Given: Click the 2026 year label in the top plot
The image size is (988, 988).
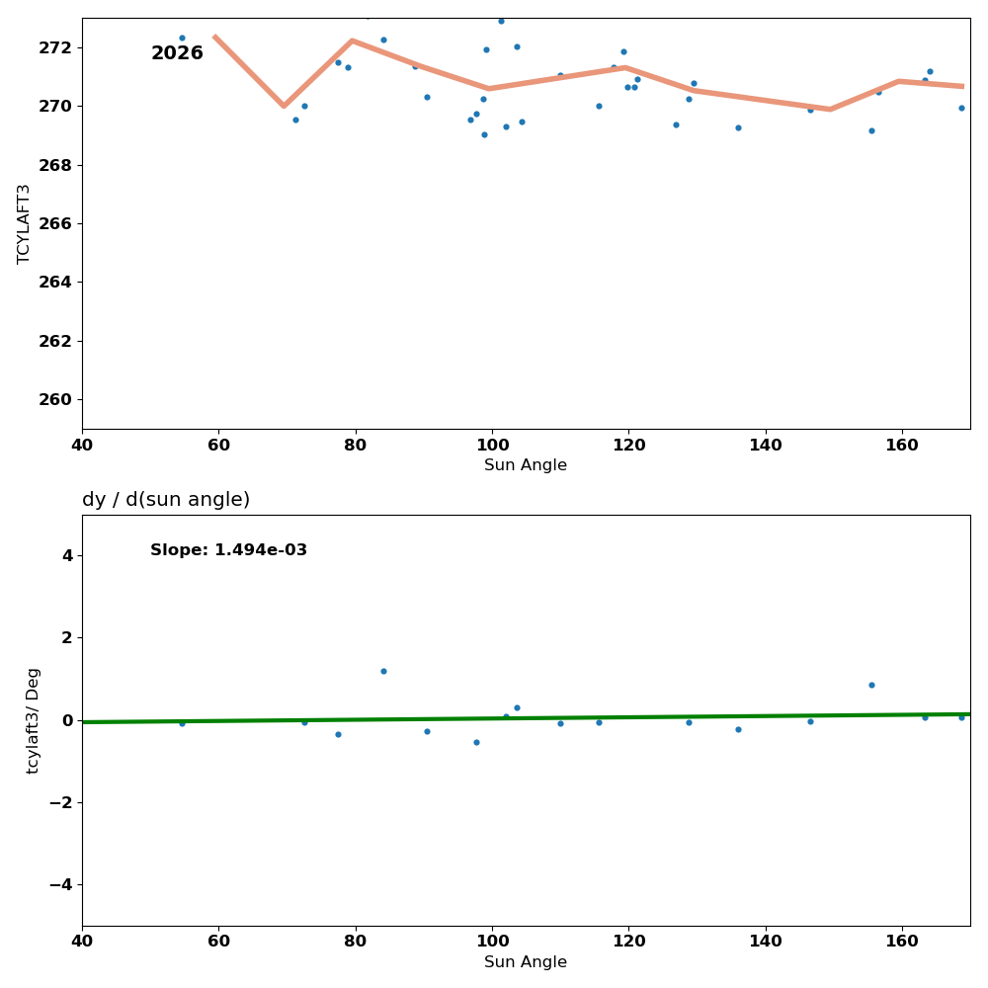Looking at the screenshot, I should pos(177,53).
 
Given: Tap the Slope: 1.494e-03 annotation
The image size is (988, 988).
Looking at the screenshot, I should pos(228,550).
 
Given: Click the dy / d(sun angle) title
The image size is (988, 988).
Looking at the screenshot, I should pos(166,500).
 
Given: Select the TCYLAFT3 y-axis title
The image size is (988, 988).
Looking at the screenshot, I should pos(25,223).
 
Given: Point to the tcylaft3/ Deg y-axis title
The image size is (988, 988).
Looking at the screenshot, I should pos(34,720).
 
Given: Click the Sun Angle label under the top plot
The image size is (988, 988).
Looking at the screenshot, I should pos(526,465).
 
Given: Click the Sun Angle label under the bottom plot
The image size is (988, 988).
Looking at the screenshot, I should pos(526,962).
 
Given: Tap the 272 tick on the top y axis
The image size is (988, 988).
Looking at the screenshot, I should pos(55,47).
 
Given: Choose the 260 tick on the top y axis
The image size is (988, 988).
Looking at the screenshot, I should pos(55,399).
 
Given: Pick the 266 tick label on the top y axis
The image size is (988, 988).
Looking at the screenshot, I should pos(55,223).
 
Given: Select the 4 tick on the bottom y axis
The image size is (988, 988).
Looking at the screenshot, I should pos(66,555).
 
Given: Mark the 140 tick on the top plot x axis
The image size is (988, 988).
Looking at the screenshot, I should pos(766,446).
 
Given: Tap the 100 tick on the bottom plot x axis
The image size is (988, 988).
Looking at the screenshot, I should pos(492,943).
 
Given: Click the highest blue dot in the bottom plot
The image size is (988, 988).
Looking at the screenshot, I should pos(383,671).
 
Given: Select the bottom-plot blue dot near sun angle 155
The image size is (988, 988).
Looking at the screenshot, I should pos(871,685).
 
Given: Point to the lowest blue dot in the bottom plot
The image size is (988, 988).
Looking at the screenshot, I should pos(476,742).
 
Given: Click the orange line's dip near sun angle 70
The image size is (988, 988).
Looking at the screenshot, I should pos(284,106).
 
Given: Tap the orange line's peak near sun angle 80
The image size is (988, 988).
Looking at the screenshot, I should pos(352,41).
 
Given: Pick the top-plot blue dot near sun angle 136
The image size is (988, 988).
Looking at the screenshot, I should pos(738,127).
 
